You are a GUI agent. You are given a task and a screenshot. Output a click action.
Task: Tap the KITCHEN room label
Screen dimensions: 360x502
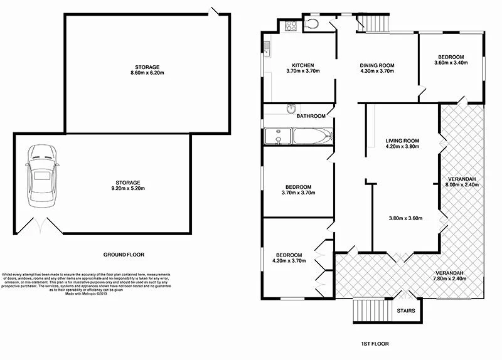coord(303,65)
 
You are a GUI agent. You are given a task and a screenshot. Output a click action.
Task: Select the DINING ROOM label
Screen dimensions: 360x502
coord(376,65)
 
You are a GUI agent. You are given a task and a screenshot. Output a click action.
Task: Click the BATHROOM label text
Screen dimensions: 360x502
coord(311,116)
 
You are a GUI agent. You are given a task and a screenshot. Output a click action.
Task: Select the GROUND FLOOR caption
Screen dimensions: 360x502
coord(124,255)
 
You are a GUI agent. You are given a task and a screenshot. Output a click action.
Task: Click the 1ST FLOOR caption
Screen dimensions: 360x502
coord(376,344)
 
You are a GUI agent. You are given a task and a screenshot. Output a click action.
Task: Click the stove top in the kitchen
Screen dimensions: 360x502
coord(292,26)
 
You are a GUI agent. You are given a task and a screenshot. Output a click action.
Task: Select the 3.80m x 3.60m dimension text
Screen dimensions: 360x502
coord(405,218)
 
